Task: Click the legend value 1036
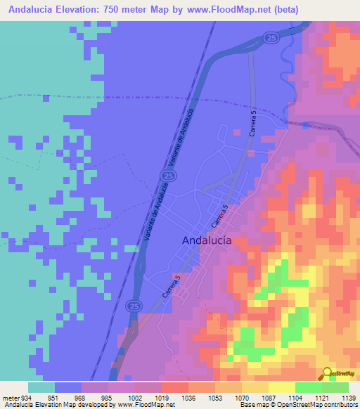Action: (x=188, y=396)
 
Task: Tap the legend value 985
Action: (x=108, y=396)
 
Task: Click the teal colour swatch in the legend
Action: (x=41, y=387)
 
